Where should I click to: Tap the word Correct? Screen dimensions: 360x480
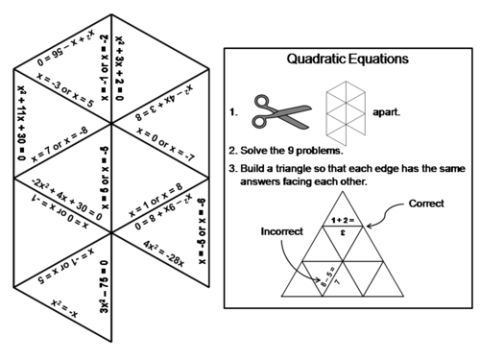426,204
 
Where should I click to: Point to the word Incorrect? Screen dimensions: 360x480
278,231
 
